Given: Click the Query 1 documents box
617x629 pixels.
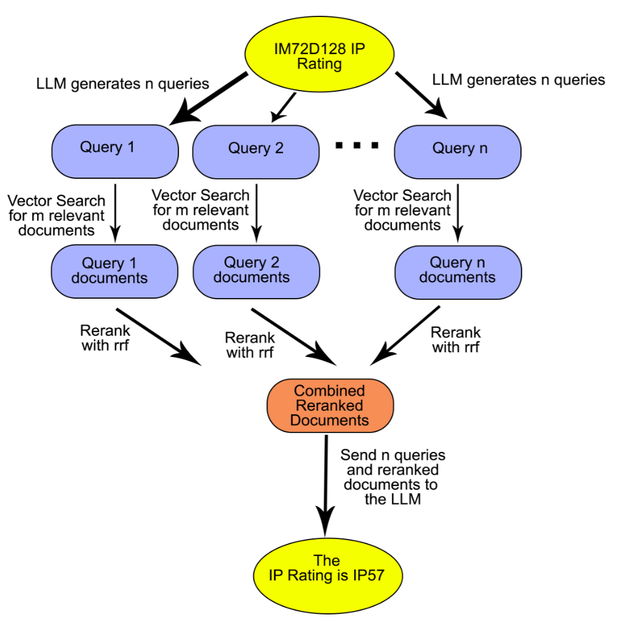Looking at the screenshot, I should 115,271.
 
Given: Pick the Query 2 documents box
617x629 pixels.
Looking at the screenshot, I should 256,271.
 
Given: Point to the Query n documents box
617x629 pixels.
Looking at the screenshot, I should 458,271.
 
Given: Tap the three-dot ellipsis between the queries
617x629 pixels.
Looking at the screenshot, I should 357,145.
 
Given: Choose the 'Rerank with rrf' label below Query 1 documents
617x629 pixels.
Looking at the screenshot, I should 104,339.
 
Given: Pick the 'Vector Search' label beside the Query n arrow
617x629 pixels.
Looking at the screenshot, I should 402,210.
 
